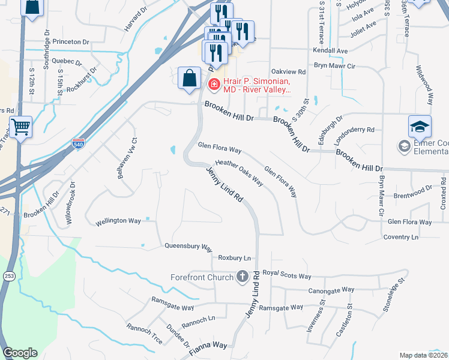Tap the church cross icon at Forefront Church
point(243,276)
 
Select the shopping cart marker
point(20,127)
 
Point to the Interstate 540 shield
point(77,144)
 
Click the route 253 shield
point(8,276)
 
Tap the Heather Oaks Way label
point(240,172)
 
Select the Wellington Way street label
point(118,221)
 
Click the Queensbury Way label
point(189,247)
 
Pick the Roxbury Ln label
point(234,258)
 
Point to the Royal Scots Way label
point(291,276)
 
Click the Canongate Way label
point(348,290)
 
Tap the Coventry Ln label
point(400,238)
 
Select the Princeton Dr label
point(70,42)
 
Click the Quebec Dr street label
point(67,61)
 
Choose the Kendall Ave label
point(330,51)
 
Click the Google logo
point(20,353)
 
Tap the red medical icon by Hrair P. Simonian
point(213,86)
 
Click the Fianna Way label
point(210,346)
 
